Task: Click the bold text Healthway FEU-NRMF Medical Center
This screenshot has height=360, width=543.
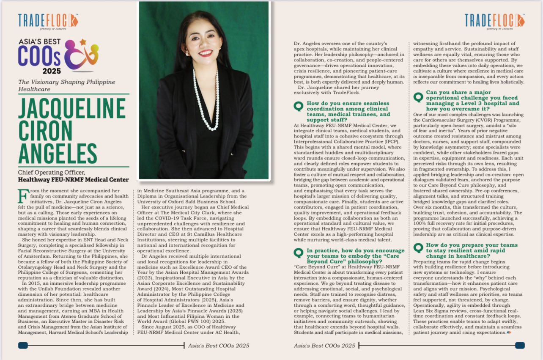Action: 73,179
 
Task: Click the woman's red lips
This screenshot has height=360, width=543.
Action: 205,53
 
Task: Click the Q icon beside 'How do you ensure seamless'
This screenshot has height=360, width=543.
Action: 299,106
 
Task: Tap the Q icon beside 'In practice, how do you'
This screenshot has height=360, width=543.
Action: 299,253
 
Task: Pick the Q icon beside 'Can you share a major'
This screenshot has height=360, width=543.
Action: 418,97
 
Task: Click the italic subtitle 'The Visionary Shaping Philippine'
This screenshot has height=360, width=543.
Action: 66,82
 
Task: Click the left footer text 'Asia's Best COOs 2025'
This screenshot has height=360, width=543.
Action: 218,346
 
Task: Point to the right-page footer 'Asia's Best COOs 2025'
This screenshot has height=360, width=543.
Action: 324,346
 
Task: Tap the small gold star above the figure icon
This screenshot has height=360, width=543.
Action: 82,42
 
